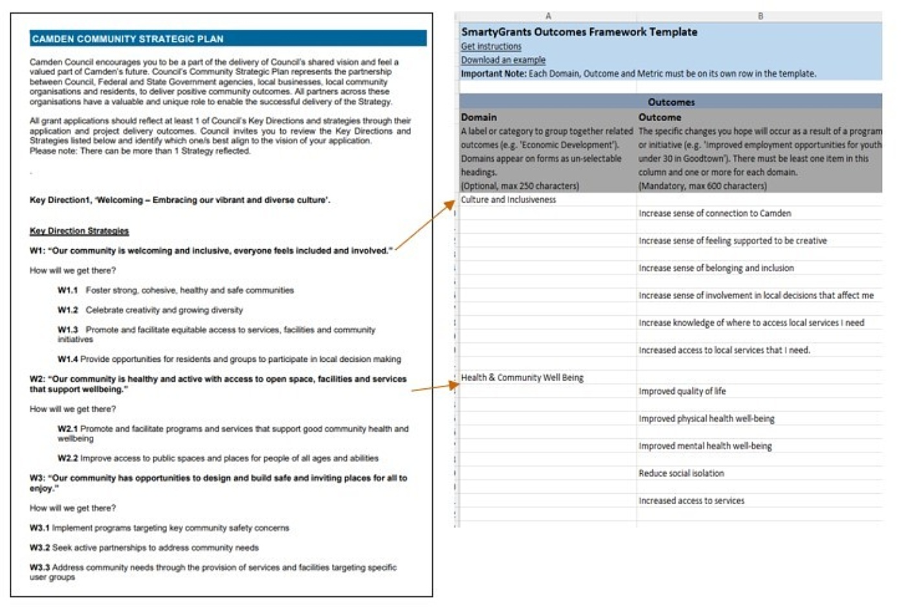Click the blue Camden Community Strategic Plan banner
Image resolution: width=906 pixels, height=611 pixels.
pyautogui.click(x=228, y=39)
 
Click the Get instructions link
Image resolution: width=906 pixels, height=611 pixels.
pyautogui.click(x=491, y=47)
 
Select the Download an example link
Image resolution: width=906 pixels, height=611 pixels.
pyautogui.click(x=503, y=60)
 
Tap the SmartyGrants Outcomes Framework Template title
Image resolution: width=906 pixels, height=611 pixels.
pyautogui.click(x=579, y=32)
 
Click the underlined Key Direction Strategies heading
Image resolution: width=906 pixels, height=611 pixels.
pyautogui.click(x=79, y=231)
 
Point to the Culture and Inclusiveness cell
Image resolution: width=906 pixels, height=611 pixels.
pyautogui.click(x=508, y=200)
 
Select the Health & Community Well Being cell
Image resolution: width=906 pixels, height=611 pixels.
pyautogui.click(x=522, y=377)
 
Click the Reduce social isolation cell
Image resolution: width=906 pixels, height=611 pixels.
pyautogui.click(x=681, y=473)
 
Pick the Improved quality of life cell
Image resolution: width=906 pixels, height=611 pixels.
pyautogui.click(x=682, y=391)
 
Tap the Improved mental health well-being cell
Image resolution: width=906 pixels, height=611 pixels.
pyautogui.click(x=705, y=446)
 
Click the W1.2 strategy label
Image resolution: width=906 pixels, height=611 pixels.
pyautogui.click(x=67, y=310)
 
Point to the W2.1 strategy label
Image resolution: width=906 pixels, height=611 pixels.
pyautogui.click(x=67, y=429)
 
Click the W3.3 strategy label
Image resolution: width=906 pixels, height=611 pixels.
pyautogui.click(x=39, y=568)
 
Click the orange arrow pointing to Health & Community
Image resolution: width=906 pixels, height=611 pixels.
pyautogui.click(x=435, y=387)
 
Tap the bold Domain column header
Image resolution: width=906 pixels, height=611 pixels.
pyautogui.click(x=479, y=117)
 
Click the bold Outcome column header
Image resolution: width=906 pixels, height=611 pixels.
pyautogui.click(x=659, y=117)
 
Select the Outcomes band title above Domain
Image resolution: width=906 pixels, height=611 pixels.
pyautogui.click(x=671, y=102)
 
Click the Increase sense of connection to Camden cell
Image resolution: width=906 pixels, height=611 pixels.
pyautogui.click(x=714, y=214)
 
